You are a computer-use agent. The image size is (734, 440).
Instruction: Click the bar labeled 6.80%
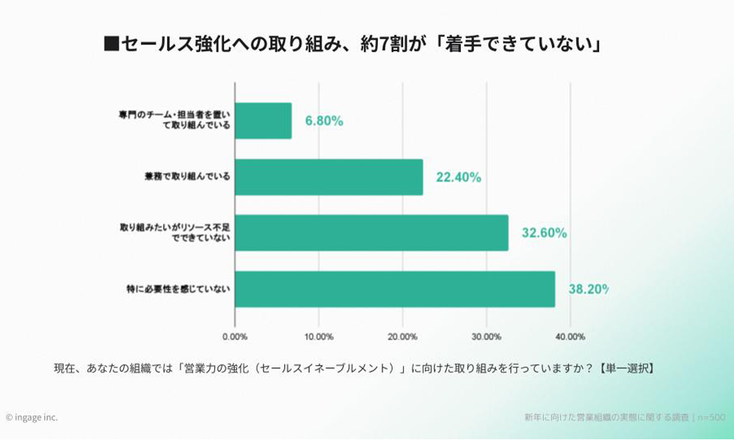point(264,121)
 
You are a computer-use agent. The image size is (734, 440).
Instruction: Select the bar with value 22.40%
point(329,177)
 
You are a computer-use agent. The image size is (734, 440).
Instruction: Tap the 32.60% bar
point(371,233)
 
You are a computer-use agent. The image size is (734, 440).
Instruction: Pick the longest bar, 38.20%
point(395,289)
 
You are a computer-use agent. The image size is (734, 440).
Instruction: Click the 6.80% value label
point(324,121)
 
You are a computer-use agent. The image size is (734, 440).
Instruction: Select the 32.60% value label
point(543,233)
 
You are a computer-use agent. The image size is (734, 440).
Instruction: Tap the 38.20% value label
point(588,289)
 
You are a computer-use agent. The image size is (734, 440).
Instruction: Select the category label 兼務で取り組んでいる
point(188,177)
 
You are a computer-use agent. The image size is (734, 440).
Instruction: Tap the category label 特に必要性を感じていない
point(178,289)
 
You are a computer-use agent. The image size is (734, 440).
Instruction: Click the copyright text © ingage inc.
point(32,417)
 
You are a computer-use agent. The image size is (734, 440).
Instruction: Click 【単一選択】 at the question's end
point(625,368)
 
